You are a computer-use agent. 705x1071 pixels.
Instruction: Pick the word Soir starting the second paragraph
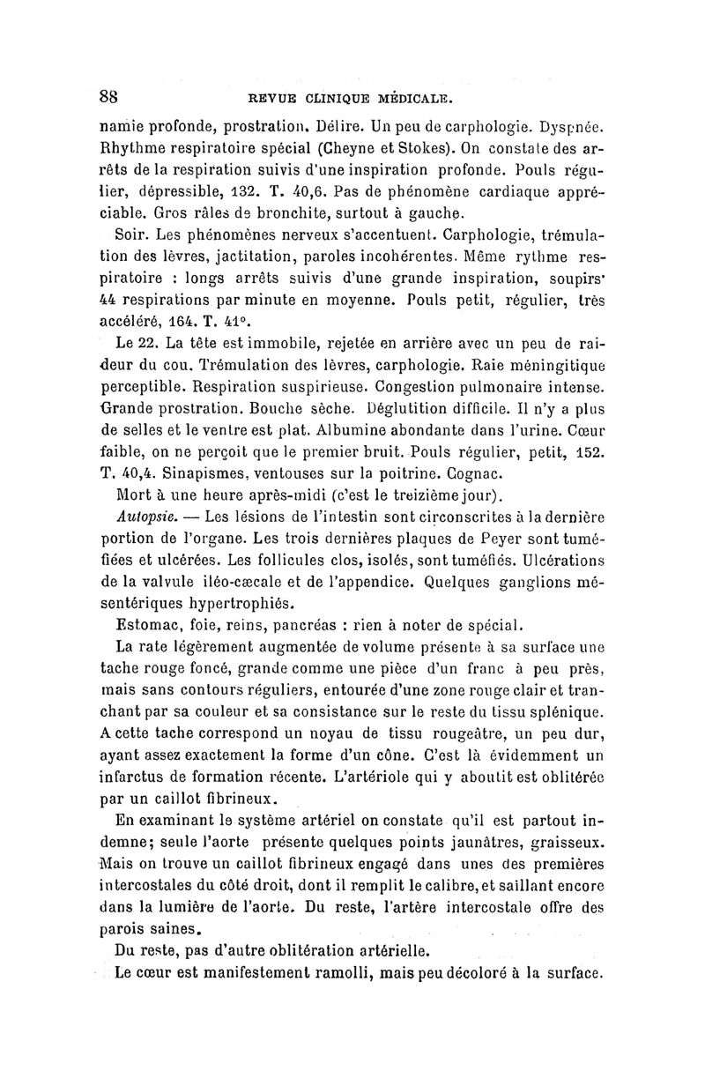(131, 236)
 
